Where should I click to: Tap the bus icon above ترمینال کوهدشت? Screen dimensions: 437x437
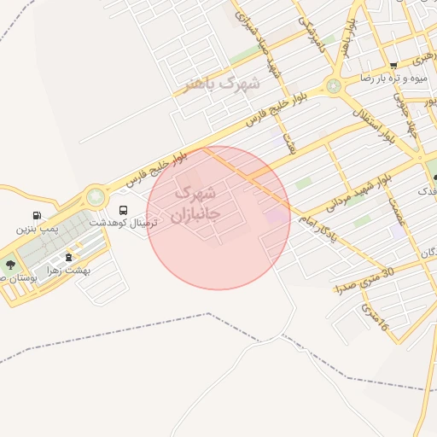point(124,209)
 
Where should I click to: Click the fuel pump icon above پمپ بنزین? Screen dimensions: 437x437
point(36,216)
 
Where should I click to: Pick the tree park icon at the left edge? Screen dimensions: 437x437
point(9,265)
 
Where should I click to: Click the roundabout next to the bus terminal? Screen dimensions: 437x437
point(96,198)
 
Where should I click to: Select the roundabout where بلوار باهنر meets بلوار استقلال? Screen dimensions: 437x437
point(333,86)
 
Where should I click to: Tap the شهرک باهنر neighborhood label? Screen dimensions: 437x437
point(221,84)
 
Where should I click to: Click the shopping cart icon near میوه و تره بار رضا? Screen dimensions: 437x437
point(393,66)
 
